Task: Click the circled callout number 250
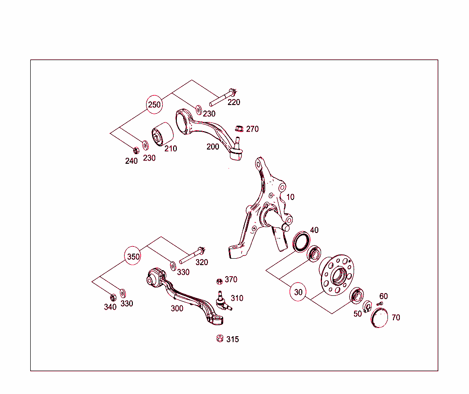point(154,105)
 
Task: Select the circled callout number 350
point(133,256)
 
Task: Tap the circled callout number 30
point(298,292)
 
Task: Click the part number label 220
point(234,102)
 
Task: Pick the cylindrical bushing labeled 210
point(162,133)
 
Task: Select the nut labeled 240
point(136,150)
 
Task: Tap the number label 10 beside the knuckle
point(290,197)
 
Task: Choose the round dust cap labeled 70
point(379,318)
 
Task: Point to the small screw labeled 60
point(379,304)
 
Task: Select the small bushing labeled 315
point(219,339)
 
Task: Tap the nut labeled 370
point(218,280)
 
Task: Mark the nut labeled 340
point(113,297)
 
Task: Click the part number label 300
point(177,309)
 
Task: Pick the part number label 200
point(213,147)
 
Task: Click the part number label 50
point(357,314)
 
